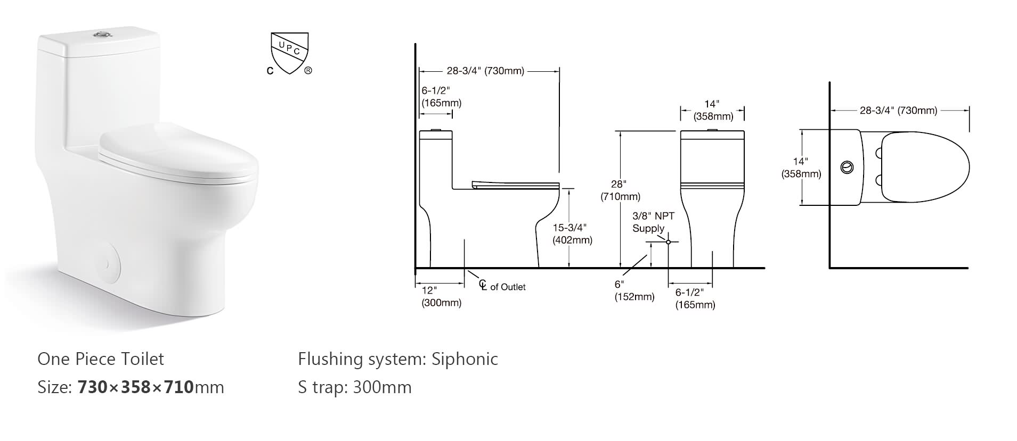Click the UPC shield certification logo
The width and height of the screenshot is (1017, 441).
click(x=289, y=54)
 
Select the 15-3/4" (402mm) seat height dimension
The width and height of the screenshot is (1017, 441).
click(x=572, y=234)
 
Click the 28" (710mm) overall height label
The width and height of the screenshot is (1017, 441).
click(x=620, y=190)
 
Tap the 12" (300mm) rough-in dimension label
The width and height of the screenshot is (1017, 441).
click(x=441, y=296)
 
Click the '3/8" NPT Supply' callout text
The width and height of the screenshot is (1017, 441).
click(x=653, y=222)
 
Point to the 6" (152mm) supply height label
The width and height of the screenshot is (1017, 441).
click(x=634, y=291)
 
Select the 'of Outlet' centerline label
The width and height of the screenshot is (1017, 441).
click(x=507, y=287)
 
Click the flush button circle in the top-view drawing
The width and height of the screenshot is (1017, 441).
click(x=846, y=168)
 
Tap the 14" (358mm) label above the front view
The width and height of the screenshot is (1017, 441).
click(x=712, y=110)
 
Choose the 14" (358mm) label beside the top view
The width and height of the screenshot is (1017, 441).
click(x=801, y=168)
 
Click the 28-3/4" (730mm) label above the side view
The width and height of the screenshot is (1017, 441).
click(x=485, y=71)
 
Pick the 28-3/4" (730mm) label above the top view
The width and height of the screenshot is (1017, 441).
click(x=898, y=111)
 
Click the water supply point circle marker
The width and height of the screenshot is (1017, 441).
click(x=669, y=242)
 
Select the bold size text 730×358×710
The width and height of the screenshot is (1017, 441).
click(x=135, y=387)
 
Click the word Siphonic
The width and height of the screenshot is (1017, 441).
click(x=465, y=359)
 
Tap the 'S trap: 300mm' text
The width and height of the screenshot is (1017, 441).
click(x=355, y=387)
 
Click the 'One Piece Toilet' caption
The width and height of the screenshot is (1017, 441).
click(x=101, y=359)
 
